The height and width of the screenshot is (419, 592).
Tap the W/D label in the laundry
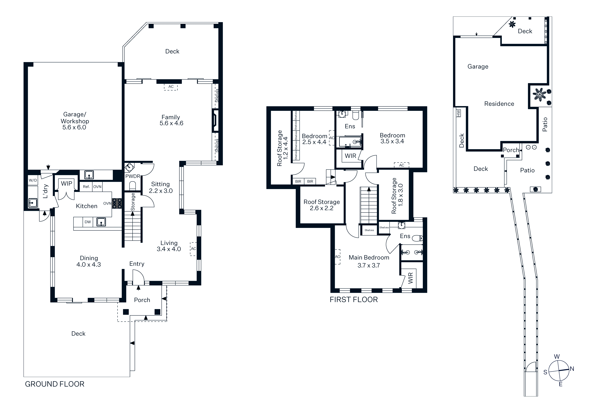[x=33, y=180]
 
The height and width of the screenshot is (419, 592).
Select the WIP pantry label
[x=66, y=183]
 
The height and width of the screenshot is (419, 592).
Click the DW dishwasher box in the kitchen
[x=88, y=222]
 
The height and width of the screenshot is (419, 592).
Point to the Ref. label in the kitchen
[x=86, y=187]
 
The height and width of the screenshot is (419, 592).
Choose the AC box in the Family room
[x=171, y=87]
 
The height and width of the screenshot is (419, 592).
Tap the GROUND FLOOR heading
[x=55, y=384]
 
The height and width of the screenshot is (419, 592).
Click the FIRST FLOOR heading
[x=354, y=300]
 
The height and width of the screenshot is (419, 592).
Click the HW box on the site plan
[x=459, y=113]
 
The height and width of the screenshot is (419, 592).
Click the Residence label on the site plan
[x=499, y=104]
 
